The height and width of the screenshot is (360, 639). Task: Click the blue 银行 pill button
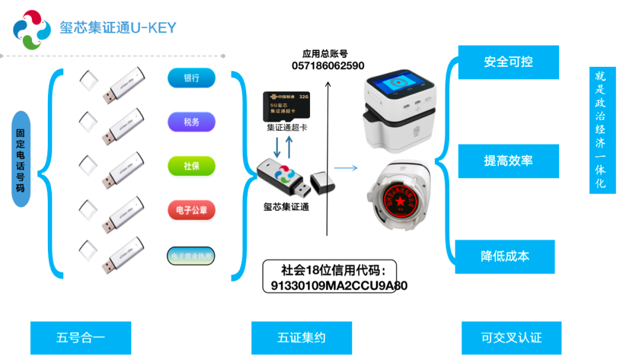click(191, 78)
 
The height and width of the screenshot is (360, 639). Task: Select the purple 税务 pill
click(191, 123)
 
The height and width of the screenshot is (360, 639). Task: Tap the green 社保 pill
click(191, 166)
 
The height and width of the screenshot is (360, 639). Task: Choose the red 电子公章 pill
click(191, 210)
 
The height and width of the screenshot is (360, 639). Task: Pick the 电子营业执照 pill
click(191, 256)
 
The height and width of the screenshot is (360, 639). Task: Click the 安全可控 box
click(508, 62)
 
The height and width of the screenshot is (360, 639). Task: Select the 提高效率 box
click(508, 161)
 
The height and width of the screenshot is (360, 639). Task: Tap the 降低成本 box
click(505, 256)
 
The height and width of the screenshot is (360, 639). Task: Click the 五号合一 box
click(80, 338)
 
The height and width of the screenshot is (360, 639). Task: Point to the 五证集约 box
click(301, 338)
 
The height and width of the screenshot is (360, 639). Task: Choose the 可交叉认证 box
click(511, 338)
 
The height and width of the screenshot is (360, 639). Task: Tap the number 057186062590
click(328, 66)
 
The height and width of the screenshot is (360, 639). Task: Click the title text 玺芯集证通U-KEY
click(118, 28)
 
